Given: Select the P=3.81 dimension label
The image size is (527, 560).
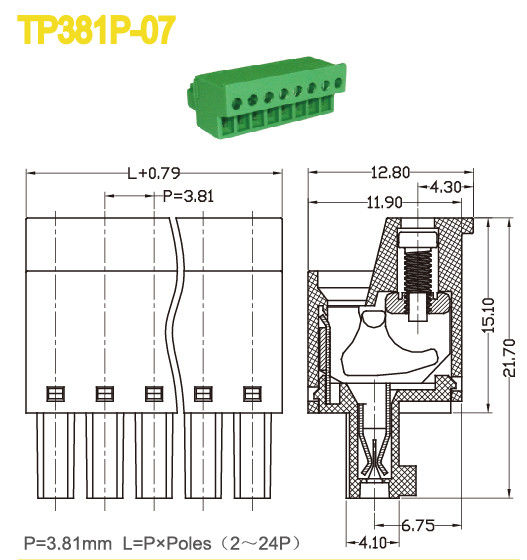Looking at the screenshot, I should pos(188,197).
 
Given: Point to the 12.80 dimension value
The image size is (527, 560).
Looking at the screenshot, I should pos(388,172).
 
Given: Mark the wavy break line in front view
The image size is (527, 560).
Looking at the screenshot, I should pos(177,310).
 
